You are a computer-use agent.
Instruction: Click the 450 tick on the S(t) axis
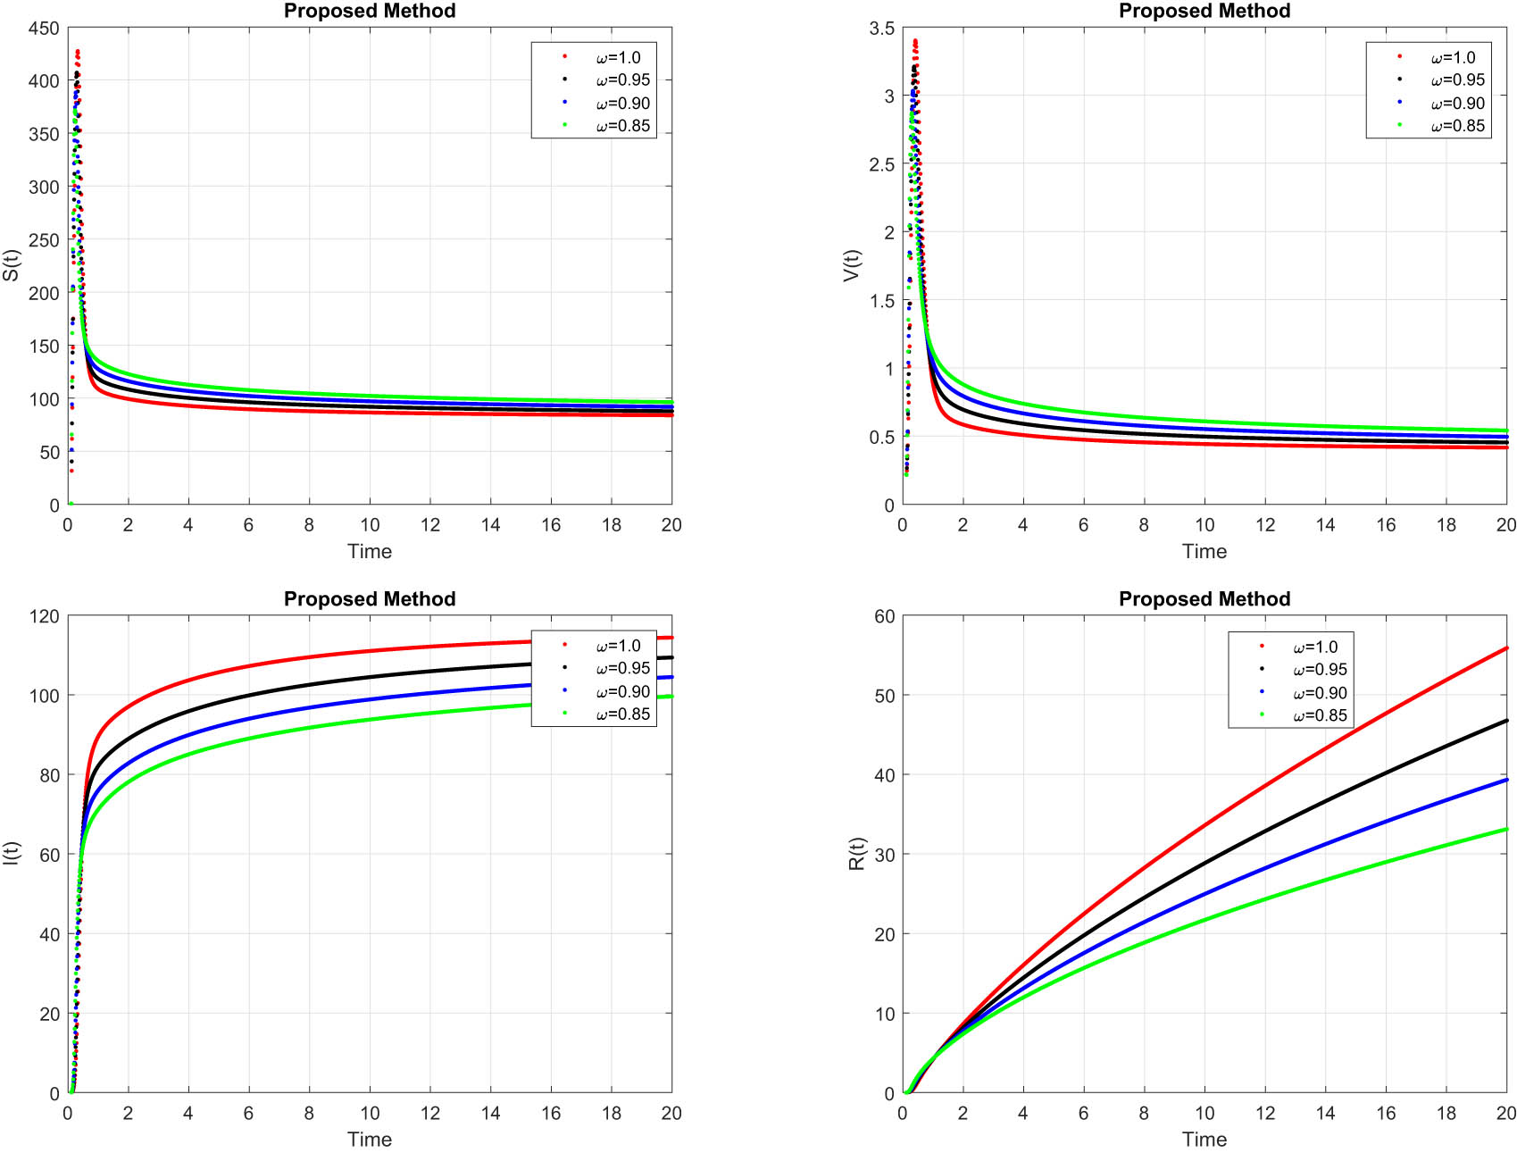click(44, 29)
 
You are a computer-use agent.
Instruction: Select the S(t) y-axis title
click(11, 265)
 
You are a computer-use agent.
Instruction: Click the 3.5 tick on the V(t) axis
click(881, 29)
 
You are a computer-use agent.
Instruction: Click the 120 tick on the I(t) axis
click(44, 616)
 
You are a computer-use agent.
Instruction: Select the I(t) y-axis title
click(11, 854)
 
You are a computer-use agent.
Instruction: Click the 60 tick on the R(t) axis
click(884, 616)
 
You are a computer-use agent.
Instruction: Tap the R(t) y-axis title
click(857, 854)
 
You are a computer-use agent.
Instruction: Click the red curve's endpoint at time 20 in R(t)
click(1505, 648)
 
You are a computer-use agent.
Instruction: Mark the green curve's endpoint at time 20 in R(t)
click(1505, 830)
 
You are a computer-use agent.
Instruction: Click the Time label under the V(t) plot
click(1204, 551)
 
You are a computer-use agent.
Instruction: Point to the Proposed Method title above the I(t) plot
click(370, 599)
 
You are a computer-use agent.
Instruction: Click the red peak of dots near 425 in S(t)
click(78, 52)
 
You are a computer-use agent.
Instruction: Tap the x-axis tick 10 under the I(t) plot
click(370, 1113)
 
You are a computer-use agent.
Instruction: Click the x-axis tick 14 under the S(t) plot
click(490, 525)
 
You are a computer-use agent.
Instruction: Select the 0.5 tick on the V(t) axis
click(881, 437)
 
